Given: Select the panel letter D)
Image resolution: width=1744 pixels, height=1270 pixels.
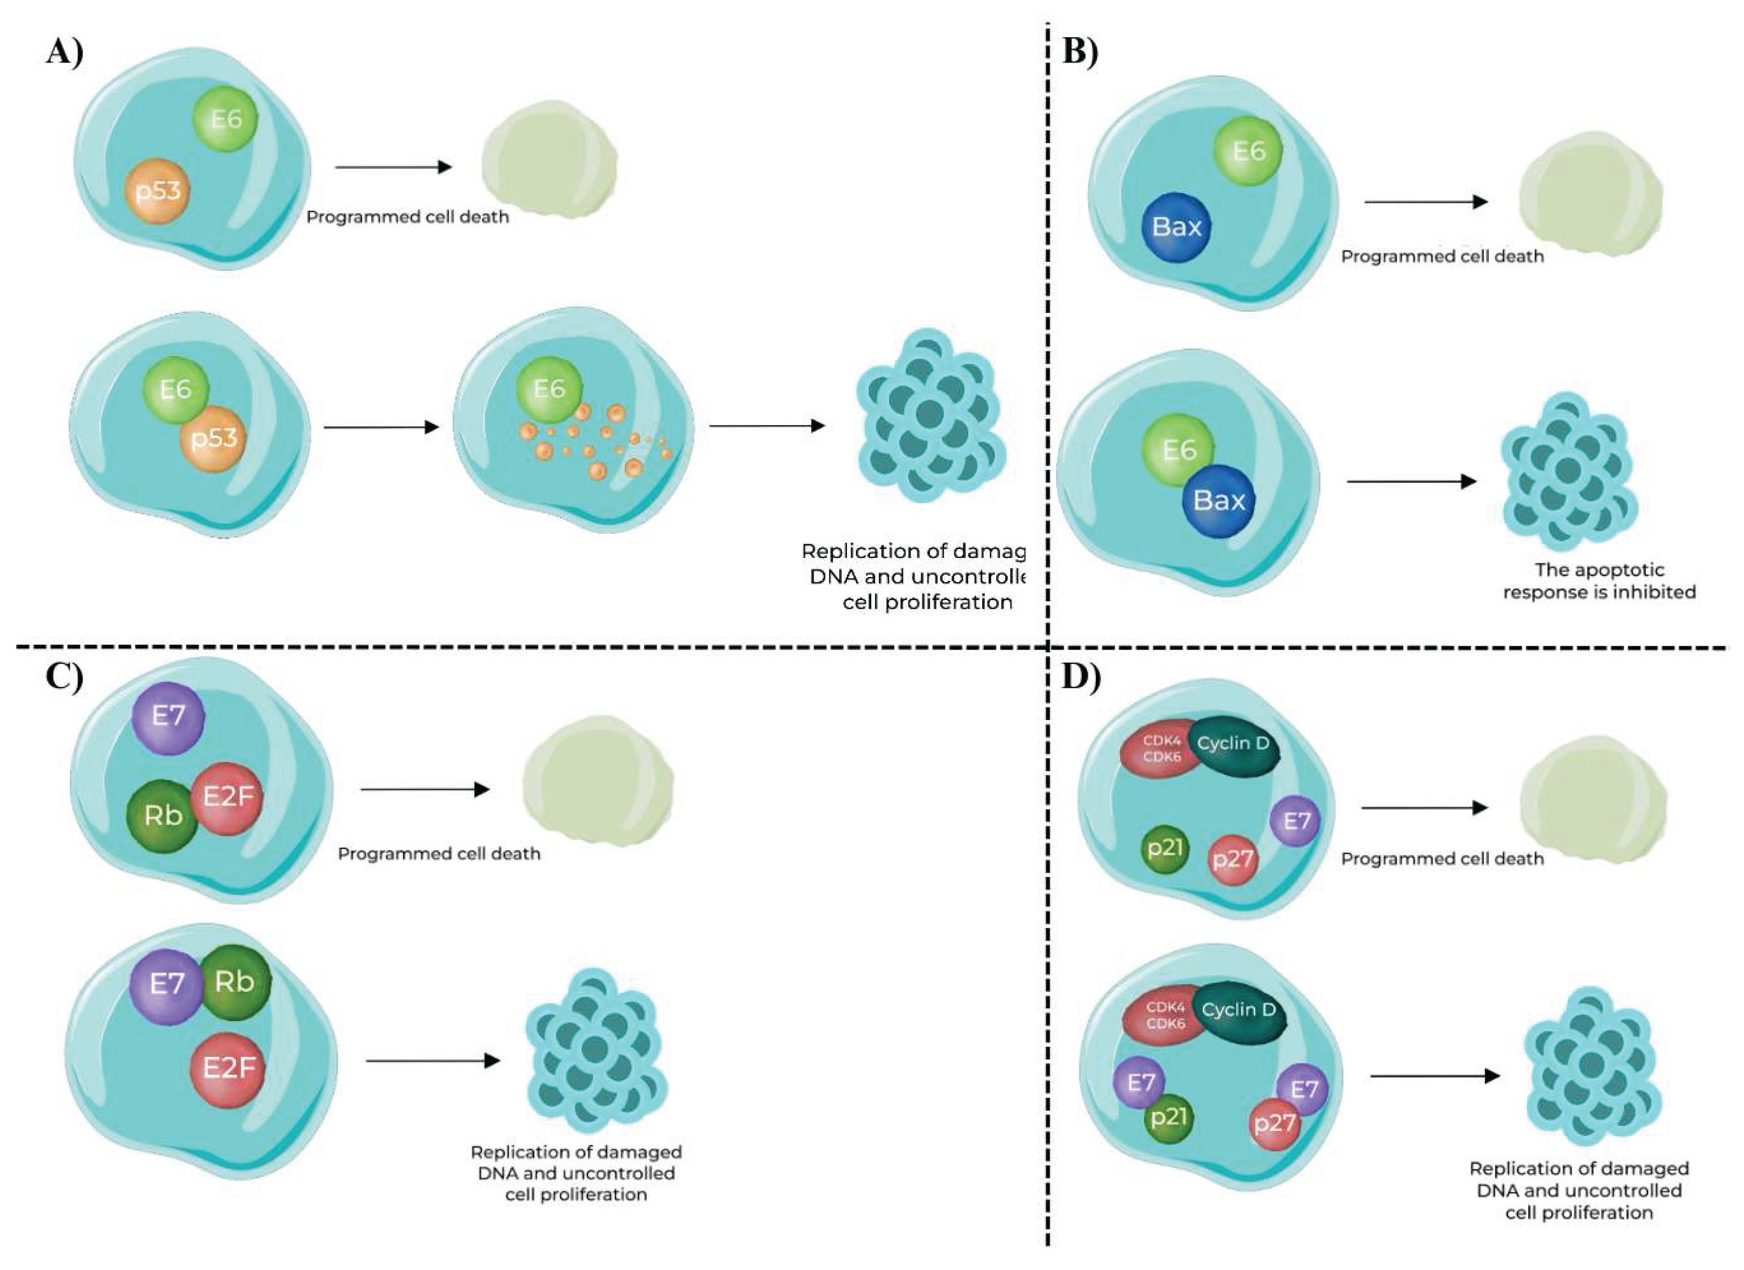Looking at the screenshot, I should [1081, 677].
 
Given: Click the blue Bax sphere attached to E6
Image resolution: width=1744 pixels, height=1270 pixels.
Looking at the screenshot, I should [1218, 501].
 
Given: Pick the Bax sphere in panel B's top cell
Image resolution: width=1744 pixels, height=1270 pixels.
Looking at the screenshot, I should [1176, 227].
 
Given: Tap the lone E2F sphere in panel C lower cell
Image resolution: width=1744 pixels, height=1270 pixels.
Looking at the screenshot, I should [229, 1068].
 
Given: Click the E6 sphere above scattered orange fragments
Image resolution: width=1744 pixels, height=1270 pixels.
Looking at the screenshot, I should [549, 389].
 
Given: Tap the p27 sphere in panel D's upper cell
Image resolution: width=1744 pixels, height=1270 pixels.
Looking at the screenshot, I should [1233, 860].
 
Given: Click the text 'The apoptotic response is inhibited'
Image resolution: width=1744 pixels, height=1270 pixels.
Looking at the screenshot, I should [1599, 581].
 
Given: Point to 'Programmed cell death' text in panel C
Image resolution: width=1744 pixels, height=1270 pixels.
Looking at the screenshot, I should [439, 854].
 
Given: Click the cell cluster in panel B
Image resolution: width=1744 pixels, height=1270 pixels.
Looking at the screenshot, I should [1569, 471].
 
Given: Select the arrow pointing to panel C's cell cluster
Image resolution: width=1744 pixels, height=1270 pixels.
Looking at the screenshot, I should [432, 1062].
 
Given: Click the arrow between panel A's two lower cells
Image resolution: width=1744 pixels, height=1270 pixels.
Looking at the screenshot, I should [381, 427].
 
